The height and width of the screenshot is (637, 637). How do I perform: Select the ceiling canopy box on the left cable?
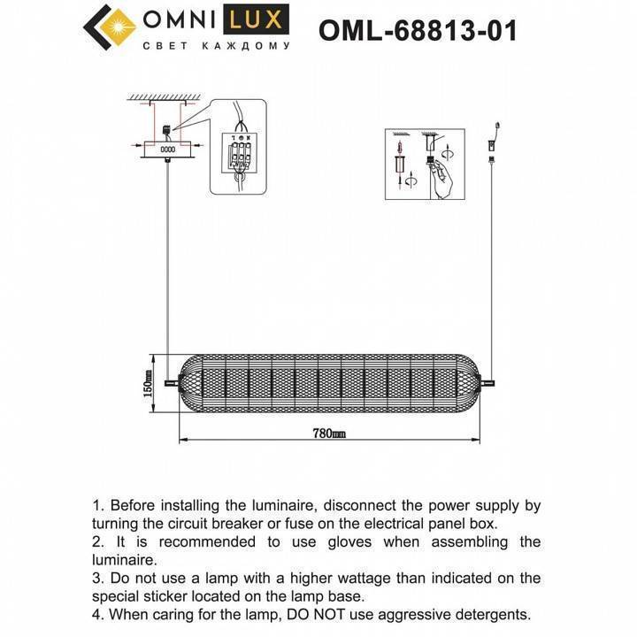(166, 150)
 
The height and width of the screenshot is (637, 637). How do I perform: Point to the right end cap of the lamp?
(479, 383)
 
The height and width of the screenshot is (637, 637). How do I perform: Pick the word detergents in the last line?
(490, 613)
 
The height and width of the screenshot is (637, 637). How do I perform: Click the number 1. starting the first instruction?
(99, 506)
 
